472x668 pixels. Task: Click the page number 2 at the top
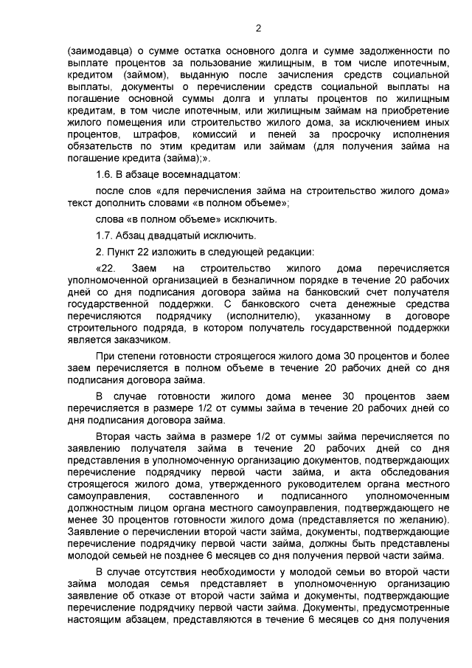click(x=258, y=29)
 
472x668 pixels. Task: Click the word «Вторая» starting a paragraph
click(x=114, y=437)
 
